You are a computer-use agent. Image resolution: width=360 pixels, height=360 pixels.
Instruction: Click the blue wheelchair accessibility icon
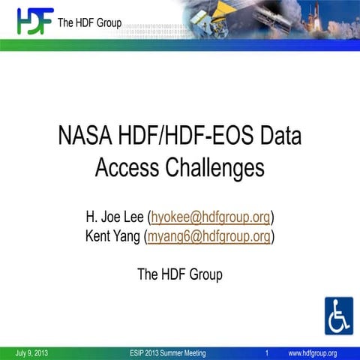coord(338,316)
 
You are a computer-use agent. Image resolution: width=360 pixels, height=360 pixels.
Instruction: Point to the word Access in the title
coord(124,166)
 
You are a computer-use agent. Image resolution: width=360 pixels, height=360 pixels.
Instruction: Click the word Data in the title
coord(277,137)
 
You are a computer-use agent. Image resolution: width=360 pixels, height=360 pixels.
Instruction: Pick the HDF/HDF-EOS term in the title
coord(180,137)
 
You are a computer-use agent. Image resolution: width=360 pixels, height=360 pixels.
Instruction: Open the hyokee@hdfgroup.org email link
coord(211,217)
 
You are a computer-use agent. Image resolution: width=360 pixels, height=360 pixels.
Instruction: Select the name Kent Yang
coord(112,237)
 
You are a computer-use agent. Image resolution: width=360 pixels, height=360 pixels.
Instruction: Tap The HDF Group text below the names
coord(180,274)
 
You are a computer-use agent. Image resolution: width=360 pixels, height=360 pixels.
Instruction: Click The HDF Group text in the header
coord(89,23)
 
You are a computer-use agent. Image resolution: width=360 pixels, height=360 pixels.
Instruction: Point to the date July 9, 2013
coord(31,353)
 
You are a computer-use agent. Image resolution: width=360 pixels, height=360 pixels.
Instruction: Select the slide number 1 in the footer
coord(267,353)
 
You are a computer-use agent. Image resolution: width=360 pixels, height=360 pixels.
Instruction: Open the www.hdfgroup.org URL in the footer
coord(312,353)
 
